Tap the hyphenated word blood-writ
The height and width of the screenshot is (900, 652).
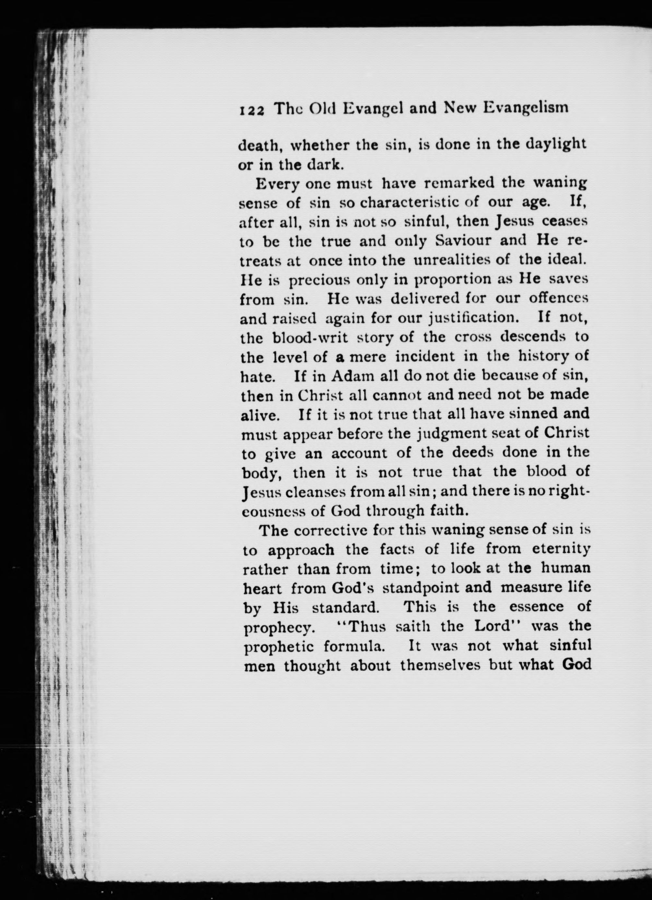pyautogui.click(x=311, y=337)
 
